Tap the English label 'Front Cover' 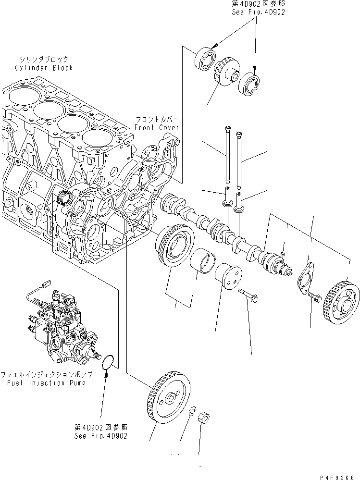click(x=156, y=127)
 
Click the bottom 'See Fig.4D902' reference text click(x=101, y=436)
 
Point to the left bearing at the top click(x=204, y=59)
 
